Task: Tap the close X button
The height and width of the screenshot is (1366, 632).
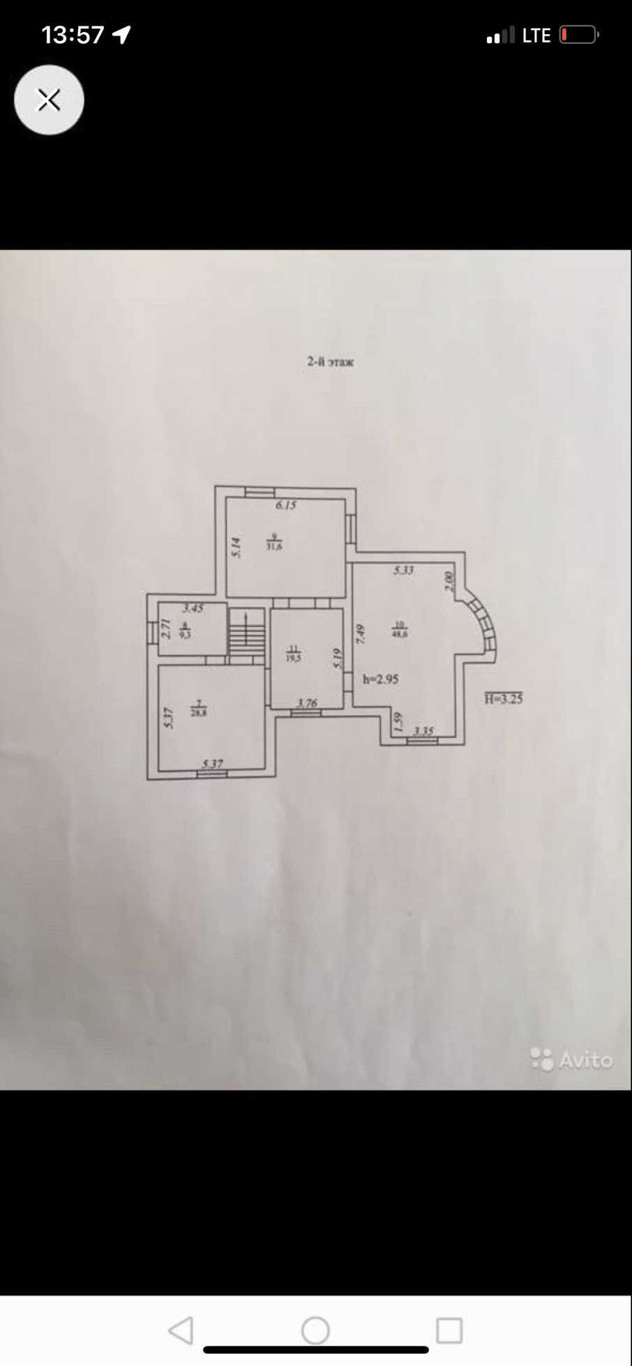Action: pos(48,100)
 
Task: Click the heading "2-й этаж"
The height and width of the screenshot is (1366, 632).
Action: pos(330,362)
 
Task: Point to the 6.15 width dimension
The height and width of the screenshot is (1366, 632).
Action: pos(285,505)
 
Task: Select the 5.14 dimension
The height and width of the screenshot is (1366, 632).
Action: pos(236,546)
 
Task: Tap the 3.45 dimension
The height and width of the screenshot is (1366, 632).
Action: pos(193,608)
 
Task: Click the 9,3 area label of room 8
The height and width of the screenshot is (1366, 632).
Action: pos(185,634)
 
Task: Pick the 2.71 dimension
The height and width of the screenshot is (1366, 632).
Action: pos(166,629)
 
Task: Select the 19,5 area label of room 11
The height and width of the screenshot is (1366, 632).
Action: pos(294,656)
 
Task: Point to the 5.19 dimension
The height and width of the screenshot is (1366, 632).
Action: pos(338,659)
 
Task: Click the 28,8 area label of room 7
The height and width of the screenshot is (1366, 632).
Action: pos(199,712)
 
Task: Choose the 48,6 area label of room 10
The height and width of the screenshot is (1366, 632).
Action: pos(400,634)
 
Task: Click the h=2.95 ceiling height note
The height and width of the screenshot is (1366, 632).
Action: pos(381,679)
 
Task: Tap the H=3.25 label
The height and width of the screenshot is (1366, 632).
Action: pos(504,698)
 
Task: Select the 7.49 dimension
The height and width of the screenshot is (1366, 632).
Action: pos(361,634)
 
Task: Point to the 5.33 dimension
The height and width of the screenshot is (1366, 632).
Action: pos(403,570)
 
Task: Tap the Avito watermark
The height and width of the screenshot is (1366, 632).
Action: pos(572,1059)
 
